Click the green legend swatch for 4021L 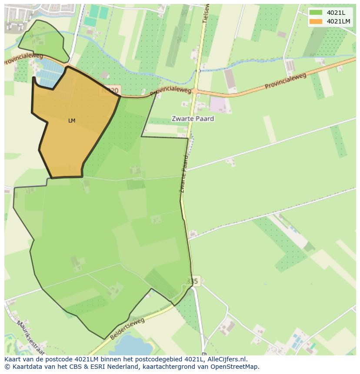pos(316,12)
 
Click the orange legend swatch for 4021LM pos(316,21)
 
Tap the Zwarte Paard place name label pos(193,118)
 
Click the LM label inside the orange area pos(72,121)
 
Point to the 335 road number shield pos(192,281)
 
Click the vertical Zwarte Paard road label pos(183,174)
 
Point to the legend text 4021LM pos(339,21)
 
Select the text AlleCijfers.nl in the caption pos(227,359)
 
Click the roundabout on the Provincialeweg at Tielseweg pos(195,91)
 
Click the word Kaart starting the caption pos(13,359)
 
